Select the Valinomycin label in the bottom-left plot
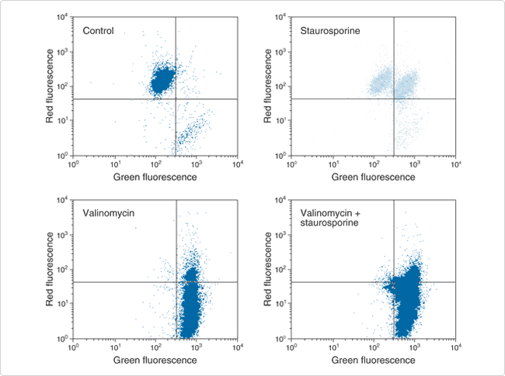(110, 213)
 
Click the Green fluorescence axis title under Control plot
(155, 178)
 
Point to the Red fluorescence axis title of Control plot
(51, 85)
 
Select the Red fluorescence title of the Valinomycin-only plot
(51, 269)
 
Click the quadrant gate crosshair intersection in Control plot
(176, 98)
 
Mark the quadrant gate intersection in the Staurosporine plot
(394, 98)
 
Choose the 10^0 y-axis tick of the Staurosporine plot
(282, 156)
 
